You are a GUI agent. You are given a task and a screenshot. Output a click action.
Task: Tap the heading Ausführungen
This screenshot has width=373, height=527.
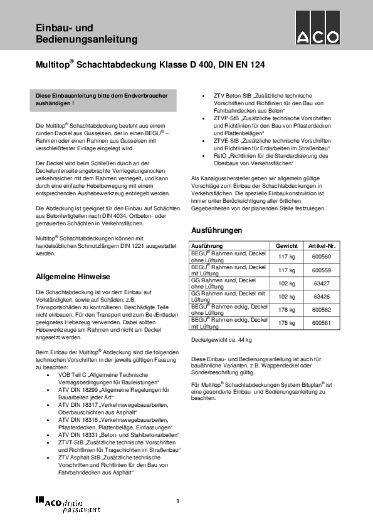(216, 230)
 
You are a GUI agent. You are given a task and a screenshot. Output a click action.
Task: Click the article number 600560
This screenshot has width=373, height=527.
(322, 257)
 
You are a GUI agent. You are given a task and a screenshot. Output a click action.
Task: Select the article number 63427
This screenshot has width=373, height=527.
(322, 284)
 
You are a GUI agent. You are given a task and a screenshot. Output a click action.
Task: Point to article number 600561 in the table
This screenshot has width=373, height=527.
(322, 323)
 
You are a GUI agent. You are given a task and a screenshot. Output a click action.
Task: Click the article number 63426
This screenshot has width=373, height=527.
(322, 297)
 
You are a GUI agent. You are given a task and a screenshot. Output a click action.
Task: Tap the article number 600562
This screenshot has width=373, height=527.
(322, 310)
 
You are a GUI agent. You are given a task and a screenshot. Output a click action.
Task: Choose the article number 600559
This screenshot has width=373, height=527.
(322, 270)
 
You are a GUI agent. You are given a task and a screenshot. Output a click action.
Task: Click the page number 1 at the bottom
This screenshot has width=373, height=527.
(178, 501)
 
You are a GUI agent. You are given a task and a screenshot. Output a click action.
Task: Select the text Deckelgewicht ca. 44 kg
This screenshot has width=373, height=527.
(221, 340)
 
